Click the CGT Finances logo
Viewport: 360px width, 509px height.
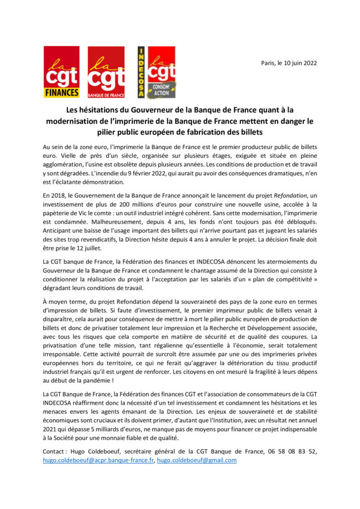(61, 72)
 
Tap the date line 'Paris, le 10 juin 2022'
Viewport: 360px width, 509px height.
(289, 63)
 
